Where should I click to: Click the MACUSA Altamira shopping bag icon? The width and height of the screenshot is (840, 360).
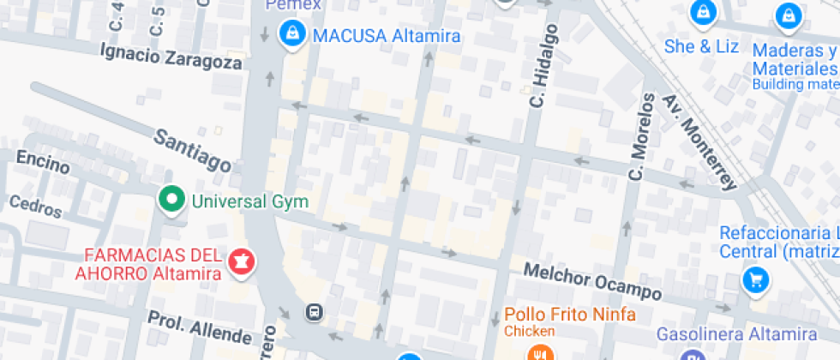(x=293, y=35)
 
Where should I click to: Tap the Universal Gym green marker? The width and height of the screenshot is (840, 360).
(x=172, y=201)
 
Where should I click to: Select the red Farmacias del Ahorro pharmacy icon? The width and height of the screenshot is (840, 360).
(x=242, y=262)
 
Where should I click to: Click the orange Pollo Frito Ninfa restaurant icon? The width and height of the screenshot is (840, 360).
(x=538, y=353)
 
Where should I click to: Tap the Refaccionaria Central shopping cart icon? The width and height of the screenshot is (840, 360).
(x=756, y=279)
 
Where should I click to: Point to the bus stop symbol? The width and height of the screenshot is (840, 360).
(x=315, y=312)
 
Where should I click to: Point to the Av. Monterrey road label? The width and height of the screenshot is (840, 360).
(x=699, y=142)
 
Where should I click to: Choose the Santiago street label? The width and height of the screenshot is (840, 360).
(x=193, y=149)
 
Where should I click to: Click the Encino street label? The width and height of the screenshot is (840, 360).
(x=43, y=162)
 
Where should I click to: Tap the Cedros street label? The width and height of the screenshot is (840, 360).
(x=35, y=206)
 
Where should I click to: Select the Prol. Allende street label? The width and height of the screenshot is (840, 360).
(x=200, y=326)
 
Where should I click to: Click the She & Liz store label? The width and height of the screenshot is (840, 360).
(x=701, y=46)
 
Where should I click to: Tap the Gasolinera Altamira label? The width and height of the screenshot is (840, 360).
(x=736, y=333)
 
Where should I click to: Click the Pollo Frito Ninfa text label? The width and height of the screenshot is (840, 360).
(x=571, y=315)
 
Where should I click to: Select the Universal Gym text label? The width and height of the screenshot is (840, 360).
(x=249, y=202)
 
